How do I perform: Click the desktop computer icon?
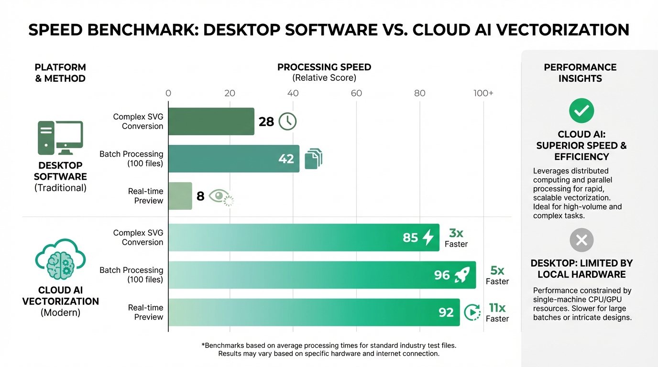pos(60,138)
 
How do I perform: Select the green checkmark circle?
pos(581,111)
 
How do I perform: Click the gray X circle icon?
pos(581,240)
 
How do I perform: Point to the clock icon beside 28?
pos(287,121)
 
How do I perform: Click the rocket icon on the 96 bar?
pos(462,275)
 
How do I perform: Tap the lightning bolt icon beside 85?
pos(428,237)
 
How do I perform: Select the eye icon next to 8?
pos(220,196)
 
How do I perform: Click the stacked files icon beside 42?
pos(313,159)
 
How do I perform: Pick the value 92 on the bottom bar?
pos(446,313)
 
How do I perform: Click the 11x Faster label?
pos(497,313)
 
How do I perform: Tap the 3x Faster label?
pos(456,238)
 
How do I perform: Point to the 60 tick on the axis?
pos(356,93)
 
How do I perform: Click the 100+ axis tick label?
pos(483,93)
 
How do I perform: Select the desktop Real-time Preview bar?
pos(180,196)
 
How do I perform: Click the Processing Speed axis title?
pos(324,72)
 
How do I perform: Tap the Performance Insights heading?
pos(580,73)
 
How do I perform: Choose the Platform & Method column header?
pos(60,73)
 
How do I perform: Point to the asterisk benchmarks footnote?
pos(329,349)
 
